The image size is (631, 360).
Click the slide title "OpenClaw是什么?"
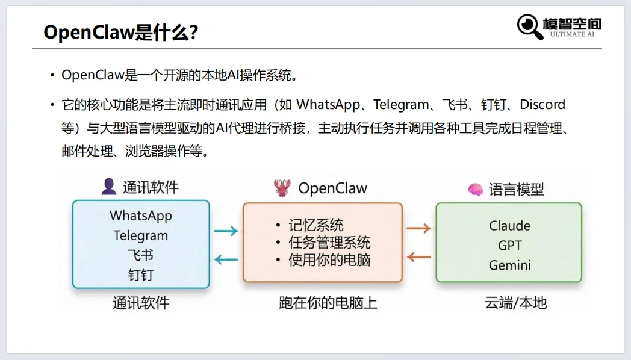point(121,33)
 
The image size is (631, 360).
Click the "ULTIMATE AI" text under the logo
point(572,34)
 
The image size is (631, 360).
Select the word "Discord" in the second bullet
point(542,104)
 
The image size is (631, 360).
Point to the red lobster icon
point(281,188)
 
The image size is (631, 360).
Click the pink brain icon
point(476,190)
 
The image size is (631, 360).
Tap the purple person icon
point(109,187)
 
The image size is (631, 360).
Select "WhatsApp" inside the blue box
point(141,216)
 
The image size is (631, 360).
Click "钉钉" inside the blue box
point(141,275)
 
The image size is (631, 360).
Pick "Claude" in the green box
point(509,226)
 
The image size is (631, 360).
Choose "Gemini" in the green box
point(509,265)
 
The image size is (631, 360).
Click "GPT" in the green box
point(509,246)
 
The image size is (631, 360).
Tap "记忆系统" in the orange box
point(316,225)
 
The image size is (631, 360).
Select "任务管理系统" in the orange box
point(329,243)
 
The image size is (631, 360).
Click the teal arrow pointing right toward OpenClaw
point(226,230)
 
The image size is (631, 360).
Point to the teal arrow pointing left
point(226,260)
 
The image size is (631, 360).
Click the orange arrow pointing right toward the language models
point(418,228)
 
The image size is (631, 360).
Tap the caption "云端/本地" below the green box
point(516,302)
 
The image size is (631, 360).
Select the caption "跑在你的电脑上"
point(328,302)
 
